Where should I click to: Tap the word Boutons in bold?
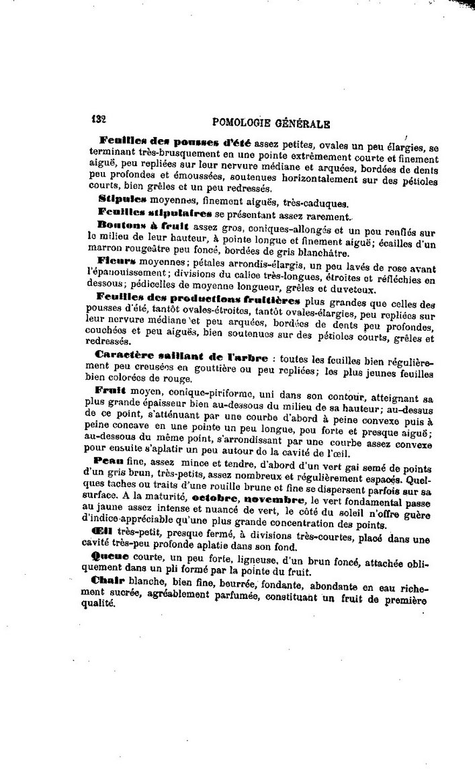point(118,225)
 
